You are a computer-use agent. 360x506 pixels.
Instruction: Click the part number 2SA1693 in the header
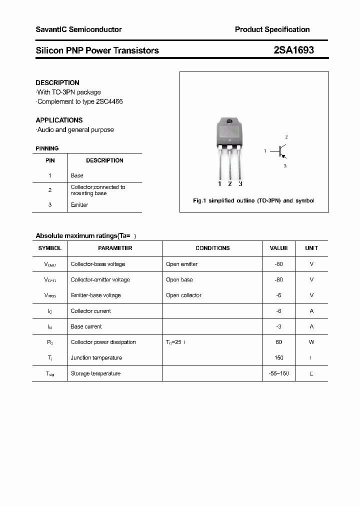click(293, 50)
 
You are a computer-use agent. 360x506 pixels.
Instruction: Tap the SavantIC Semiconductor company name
click(78, 29)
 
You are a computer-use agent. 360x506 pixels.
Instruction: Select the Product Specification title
click(272, 29)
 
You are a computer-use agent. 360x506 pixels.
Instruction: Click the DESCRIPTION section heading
click(57, 82)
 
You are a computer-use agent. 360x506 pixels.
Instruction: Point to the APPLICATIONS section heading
click(59, 120)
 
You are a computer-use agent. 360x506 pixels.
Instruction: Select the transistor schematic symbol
click(280, 150)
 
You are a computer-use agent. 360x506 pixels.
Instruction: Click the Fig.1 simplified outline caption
click(253, 200)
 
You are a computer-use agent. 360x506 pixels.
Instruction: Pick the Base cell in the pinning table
click(77, 175)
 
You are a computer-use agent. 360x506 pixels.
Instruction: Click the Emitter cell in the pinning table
click(79, 205)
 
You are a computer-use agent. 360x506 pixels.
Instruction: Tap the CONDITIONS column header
click(212, 248)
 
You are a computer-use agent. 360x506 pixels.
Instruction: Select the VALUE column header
click(278, 248)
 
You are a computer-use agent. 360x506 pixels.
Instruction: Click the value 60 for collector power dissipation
click(278, 342)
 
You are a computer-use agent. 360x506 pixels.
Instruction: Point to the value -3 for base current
click(278, 326)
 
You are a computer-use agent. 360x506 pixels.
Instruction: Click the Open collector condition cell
click(183, 295)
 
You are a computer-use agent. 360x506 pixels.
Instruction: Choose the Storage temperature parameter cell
click(95, 373)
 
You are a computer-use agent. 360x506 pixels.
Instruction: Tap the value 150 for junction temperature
click(278, 357)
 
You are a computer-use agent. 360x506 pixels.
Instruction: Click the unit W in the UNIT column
click(311, 342)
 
